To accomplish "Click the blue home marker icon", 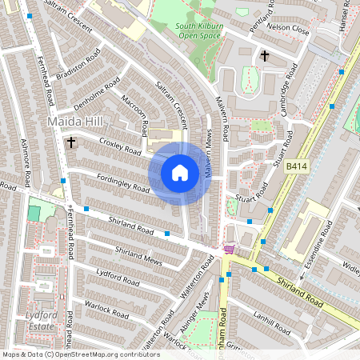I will [x=180, y=173].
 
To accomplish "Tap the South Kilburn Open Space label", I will [x=198, y=31].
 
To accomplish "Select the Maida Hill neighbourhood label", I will [x=75, y=121].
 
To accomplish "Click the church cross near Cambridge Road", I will [x=265, y=55].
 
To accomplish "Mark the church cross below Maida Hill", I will [x=71, y=142].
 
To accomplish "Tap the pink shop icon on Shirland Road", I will [x=230, y=250].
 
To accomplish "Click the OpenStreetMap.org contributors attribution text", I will [x=103, y=354].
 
